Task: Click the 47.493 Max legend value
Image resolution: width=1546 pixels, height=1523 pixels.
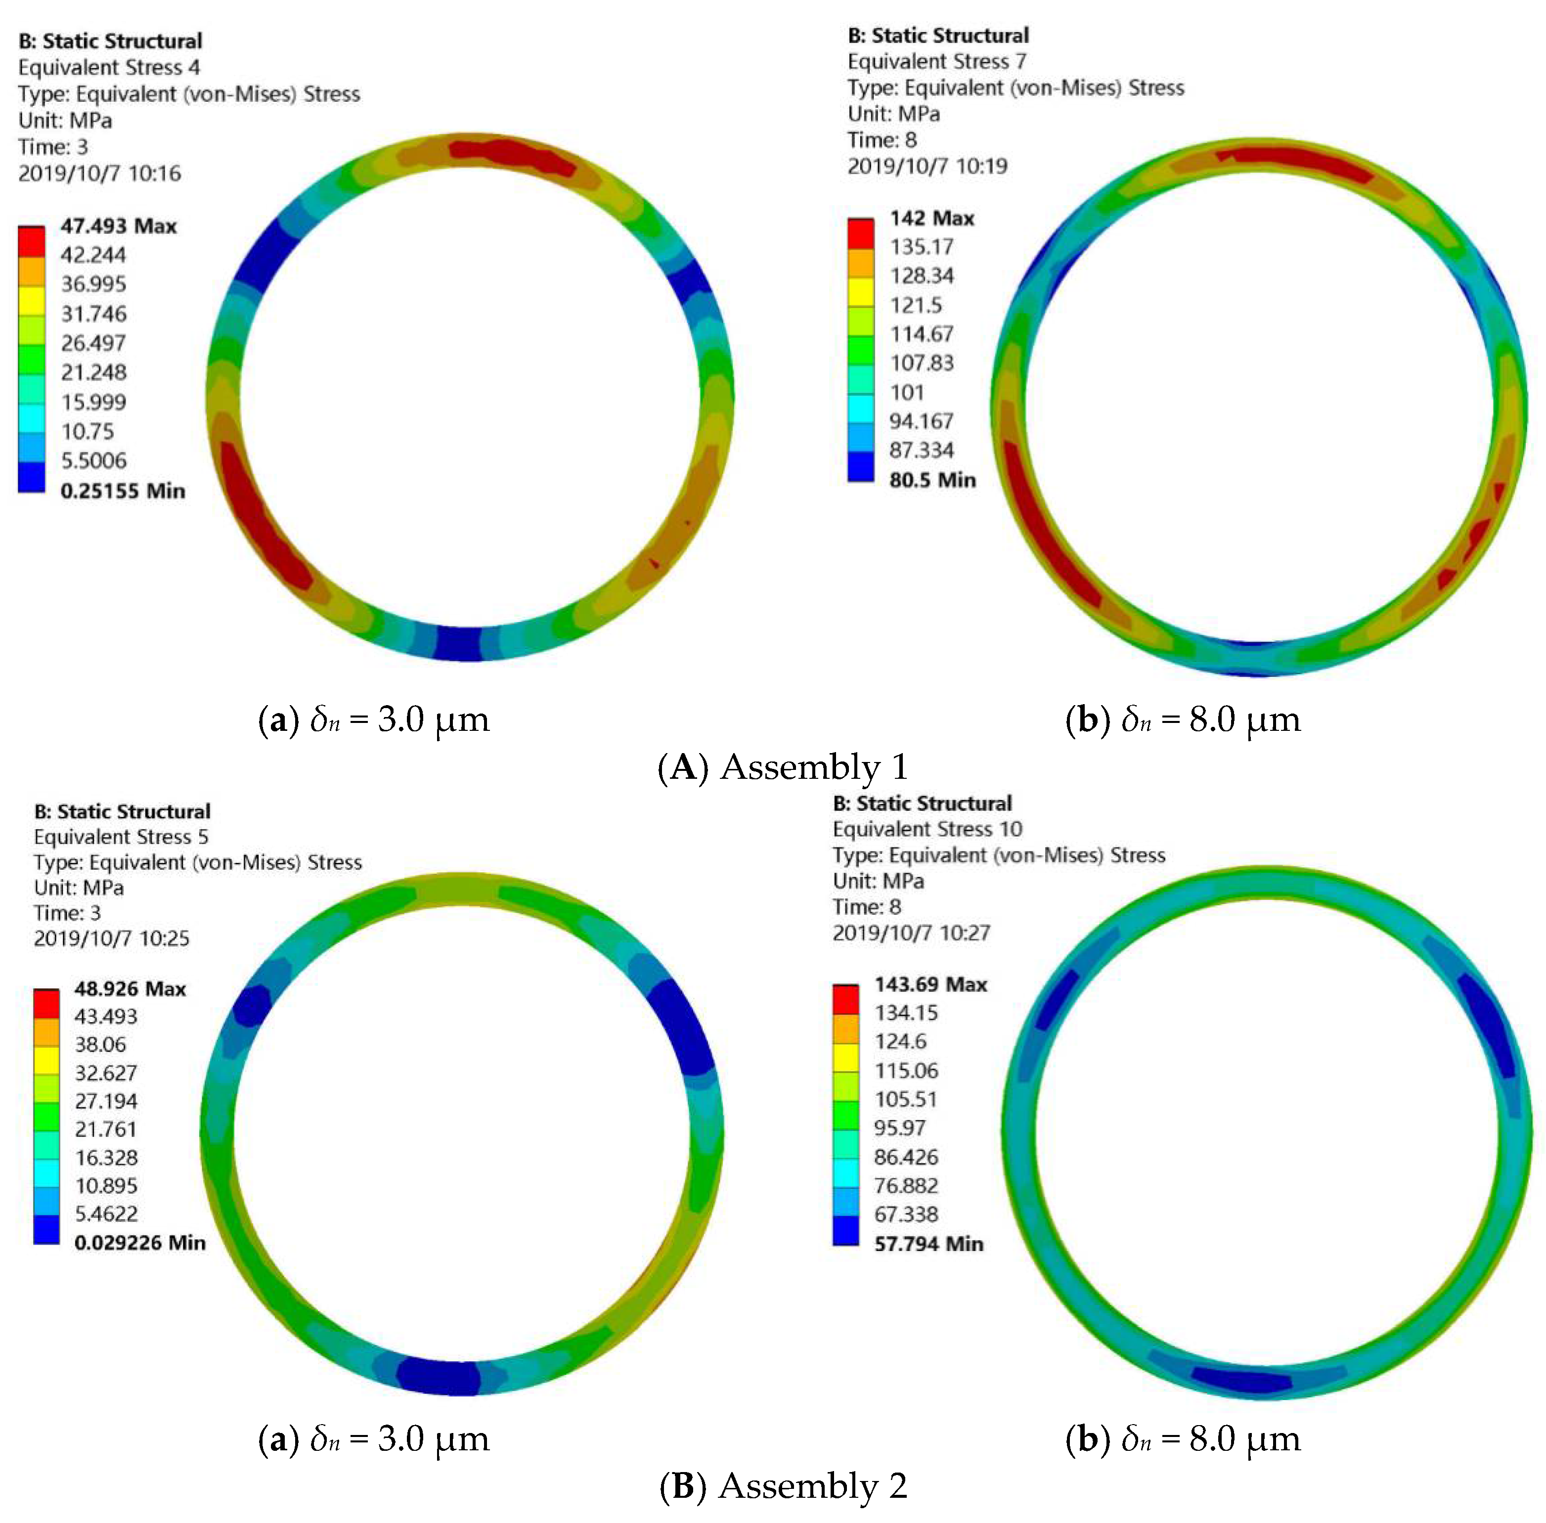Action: (118, 226)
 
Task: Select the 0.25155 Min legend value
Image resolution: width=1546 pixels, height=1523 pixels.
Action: (123, 491)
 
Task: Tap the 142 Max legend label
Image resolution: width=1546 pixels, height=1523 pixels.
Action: (932, 219)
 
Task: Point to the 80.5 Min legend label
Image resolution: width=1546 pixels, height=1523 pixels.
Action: (932, 480)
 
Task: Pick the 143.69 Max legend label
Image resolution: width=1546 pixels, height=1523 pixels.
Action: (930, 984)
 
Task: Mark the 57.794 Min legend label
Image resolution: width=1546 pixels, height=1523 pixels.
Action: (928, 1244)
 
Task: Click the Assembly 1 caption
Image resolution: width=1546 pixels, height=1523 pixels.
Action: (782, 767)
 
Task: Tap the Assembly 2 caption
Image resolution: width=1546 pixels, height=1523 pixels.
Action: (782, 1486)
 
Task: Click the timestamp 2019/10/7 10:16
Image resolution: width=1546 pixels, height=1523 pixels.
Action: (100, 174)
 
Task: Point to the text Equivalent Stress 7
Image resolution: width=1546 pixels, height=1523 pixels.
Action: (936, 62)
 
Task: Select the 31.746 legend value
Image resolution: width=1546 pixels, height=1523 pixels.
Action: (93, 314)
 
